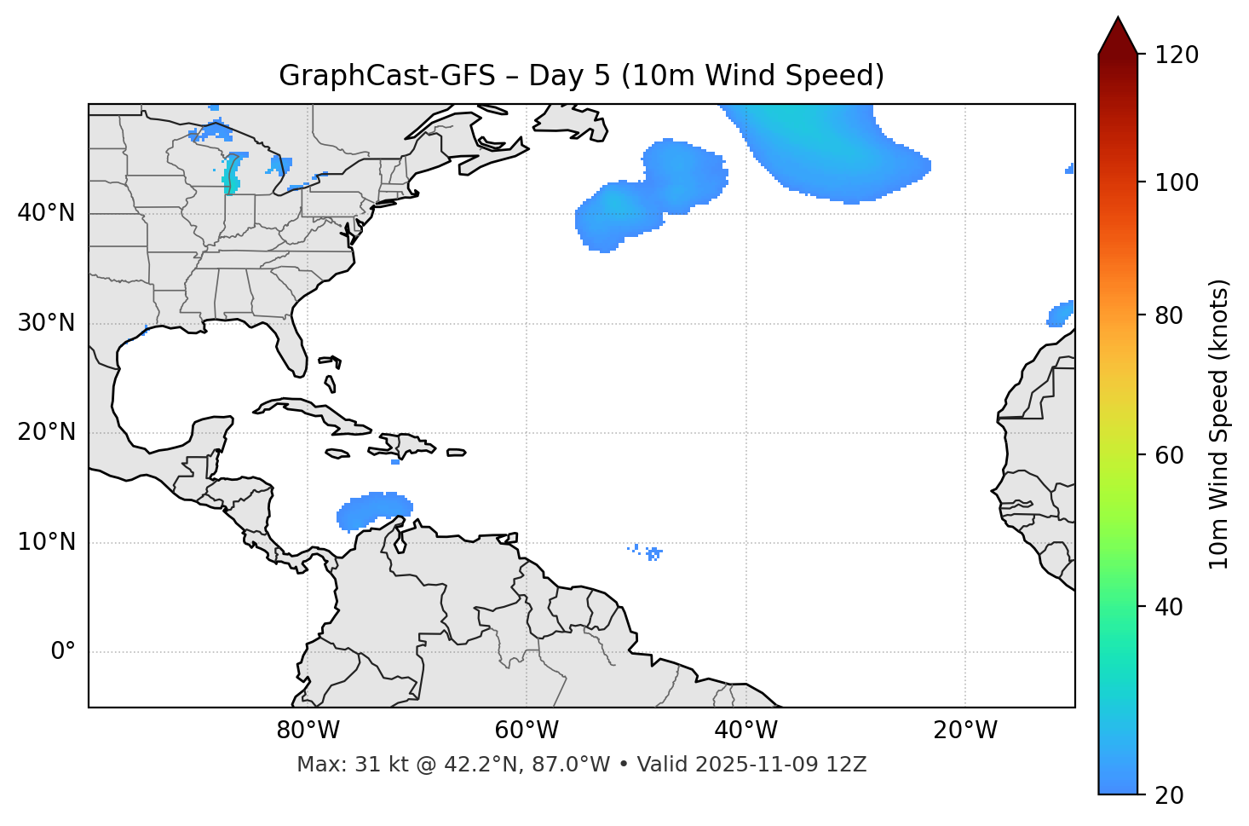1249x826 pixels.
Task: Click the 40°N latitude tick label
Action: click(46, 213)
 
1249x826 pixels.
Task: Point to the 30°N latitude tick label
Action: click(46, 323)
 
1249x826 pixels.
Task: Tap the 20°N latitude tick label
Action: click(46, 432)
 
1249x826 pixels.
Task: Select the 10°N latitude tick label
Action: click(46, 542)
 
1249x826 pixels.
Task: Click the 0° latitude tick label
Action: click(63, 652)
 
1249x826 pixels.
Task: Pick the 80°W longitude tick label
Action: click(308, 731)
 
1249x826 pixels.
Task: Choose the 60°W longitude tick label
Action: click(527, 731)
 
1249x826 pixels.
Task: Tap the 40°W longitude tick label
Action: click(745, 731)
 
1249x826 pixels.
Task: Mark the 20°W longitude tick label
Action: click(964, 731)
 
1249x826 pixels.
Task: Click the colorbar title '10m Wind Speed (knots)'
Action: click(1219, 424)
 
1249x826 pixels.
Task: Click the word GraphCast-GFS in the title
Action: click(387, 76)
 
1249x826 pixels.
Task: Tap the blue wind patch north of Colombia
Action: click(375, 510)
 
